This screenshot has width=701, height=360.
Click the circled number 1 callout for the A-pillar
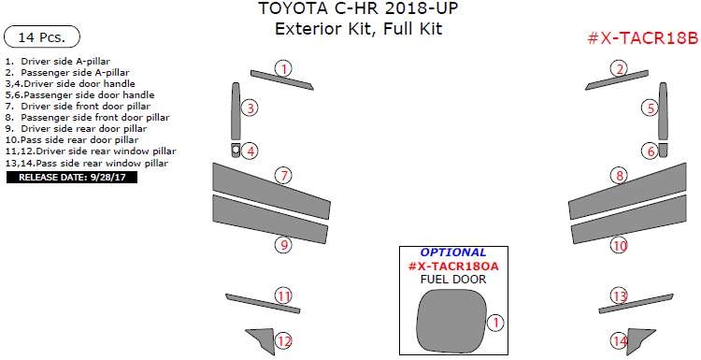coord(283,69)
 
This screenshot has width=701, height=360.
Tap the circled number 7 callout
coord(283,175)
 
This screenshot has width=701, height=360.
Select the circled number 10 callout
coord(620,245)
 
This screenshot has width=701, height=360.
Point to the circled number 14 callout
coord(620,341)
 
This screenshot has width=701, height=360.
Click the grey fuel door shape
coord(451,320)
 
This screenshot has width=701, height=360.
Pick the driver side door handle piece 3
coord(236,111)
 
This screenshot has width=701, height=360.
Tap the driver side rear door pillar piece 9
coord(270,220)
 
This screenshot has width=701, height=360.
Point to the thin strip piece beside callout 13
coord(636,304)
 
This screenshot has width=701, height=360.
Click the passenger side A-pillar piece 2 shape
coord(617,79)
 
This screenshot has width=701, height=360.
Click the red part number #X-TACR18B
coord(643,38)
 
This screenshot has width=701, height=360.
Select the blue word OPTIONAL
coord(453,252)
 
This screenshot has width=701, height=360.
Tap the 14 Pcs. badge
coord(41,37)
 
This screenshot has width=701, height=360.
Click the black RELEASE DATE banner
coord(72,177)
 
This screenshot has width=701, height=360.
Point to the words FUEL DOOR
coord(453,279)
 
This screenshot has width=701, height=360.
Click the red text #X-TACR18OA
coord(453,266)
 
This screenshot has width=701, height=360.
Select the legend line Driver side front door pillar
coord(78,107)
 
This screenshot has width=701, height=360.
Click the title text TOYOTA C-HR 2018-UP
coord(358,8)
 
